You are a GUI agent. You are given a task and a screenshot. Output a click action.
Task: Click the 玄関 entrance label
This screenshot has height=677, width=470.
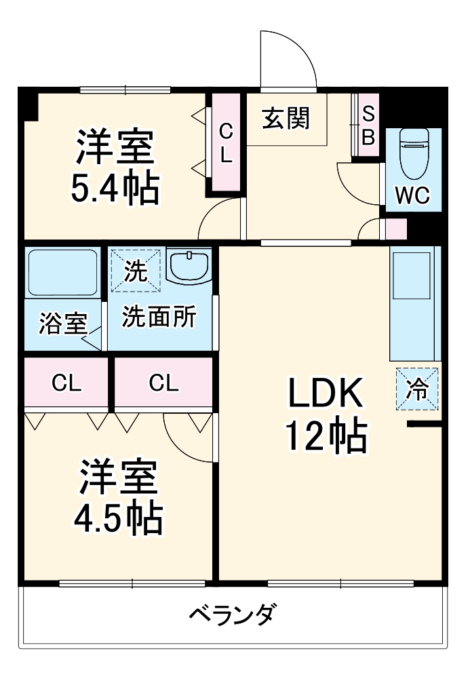pos(286,119)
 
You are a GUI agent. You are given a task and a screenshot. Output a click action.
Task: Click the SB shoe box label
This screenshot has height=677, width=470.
pos(368,125)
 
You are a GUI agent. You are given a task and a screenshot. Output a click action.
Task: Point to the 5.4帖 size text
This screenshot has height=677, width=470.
pos(115,189)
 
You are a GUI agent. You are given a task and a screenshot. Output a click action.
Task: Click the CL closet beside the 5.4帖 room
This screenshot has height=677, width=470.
pos(226,142)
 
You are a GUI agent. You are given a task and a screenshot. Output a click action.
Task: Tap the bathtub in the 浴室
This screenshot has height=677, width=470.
pos(62,272)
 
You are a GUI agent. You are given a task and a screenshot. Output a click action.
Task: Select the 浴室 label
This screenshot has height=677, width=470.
pos(62,324)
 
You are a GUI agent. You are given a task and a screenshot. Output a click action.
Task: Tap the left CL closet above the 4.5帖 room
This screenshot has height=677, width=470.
pos(66,384)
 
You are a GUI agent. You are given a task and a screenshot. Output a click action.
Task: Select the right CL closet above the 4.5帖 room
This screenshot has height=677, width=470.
pos(163,384)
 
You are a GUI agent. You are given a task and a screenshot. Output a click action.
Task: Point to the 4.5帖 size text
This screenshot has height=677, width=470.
pos(118,519)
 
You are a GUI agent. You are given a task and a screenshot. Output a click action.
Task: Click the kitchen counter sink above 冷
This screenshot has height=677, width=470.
pos(414,278)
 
